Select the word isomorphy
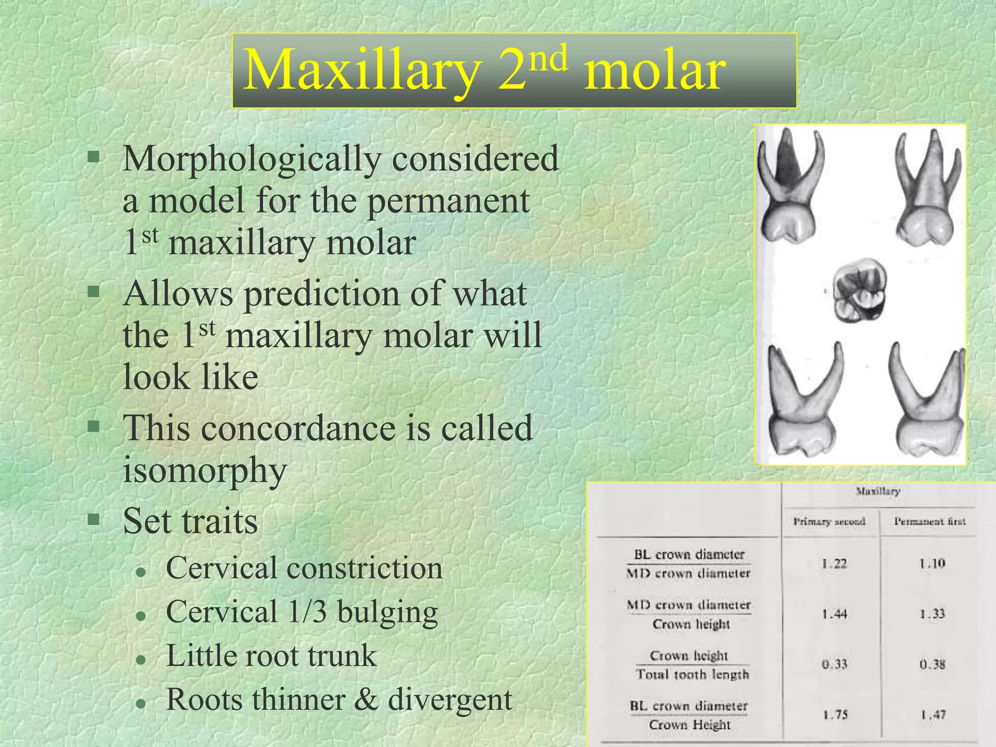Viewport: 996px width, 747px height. click(x=205, y=470)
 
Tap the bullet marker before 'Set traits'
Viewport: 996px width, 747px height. click(x=93, y=519)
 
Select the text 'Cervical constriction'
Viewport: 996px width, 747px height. click(x=304, y=568)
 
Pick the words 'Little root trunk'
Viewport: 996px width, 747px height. click(x=271, y=656)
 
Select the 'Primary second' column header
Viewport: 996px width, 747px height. click(x=829, y=522)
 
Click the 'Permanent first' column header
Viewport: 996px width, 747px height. click(x=929, y=522)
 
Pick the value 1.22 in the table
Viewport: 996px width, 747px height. click(x=834, y=564)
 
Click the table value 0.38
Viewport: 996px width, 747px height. click(x=932, y=664)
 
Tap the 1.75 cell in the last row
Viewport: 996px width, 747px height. click(x=835, y=715)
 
